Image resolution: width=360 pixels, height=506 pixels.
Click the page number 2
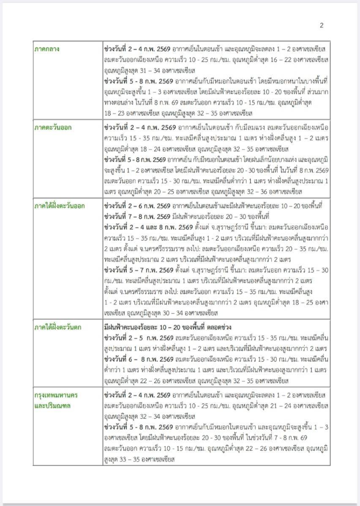pyautogui.click(x=322, y=25)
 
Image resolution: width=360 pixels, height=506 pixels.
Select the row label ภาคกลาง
pyautogui.click(x=46, y=49)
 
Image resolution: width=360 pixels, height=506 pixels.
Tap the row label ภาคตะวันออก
pyautogui.click(x=53, y=127)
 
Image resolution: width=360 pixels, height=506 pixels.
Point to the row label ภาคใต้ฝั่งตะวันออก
pyautogui.click(x=60, y=206)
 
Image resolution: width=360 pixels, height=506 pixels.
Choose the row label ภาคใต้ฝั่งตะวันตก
pyautogui.click(x=58, y=327)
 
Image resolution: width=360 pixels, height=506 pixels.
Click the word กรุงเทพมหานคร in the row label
pyautogui.click(x=56, y=395)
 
